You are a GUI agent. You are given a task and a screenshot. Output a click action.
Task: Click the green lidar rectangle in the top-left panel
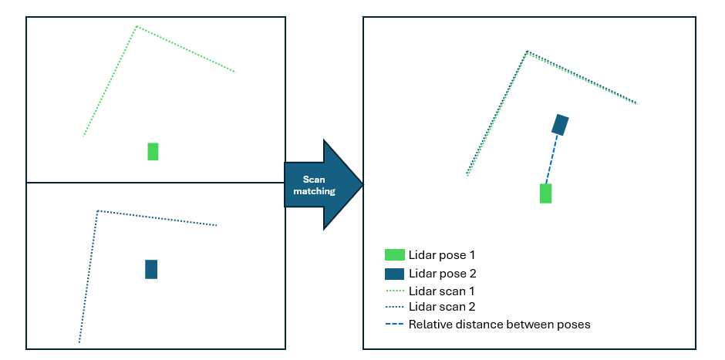pos(153,151)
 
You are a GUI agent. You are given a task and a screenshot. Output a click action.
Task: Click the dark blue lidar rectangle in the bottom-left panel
pos(151,269)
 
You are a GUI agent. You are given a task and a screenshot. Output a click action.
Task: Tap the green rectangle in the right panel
pos(545,193)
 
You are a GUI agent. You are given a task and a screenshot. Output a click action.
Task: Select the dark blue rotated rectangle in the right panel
pos(560,124)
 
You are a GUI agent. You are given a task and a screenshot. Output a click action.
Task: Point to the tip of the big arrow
pos(362,184)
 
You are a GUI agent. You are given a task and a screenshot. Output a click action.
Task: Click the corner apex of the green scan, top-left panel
pos(137,26)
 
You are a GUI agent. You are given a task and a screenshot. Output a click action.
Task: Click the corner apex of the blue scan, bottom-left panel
pos(97,210)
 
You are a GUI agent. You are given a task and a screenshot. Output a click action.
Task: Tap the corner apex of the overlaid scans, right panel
pos(527,52)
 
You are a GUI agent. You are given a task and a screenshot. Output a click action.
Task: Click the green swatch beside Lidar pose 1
pos(394,254)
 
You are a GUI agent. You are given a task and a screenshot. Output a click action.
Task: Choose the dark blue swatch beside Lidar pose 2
pos(394,274)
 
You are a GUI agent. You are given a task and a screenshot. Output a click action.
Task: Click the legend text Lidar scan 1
pos(440,291)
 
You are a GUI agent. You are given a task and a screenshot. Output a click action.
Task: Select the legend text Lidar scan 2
pos(440,308)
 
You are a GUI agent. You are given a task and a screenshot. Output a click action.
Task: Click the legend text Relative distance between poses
pos(499,325)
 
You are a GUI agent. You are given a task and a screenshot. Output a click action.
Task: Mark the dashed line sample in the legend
pos(394,325)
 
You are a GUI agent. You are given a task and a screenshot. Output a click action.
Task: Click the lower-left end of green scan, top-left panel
pos(83,136)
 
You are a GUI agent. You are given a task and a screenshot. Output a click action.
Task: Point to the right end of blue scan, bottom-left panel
pos(217,226)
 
